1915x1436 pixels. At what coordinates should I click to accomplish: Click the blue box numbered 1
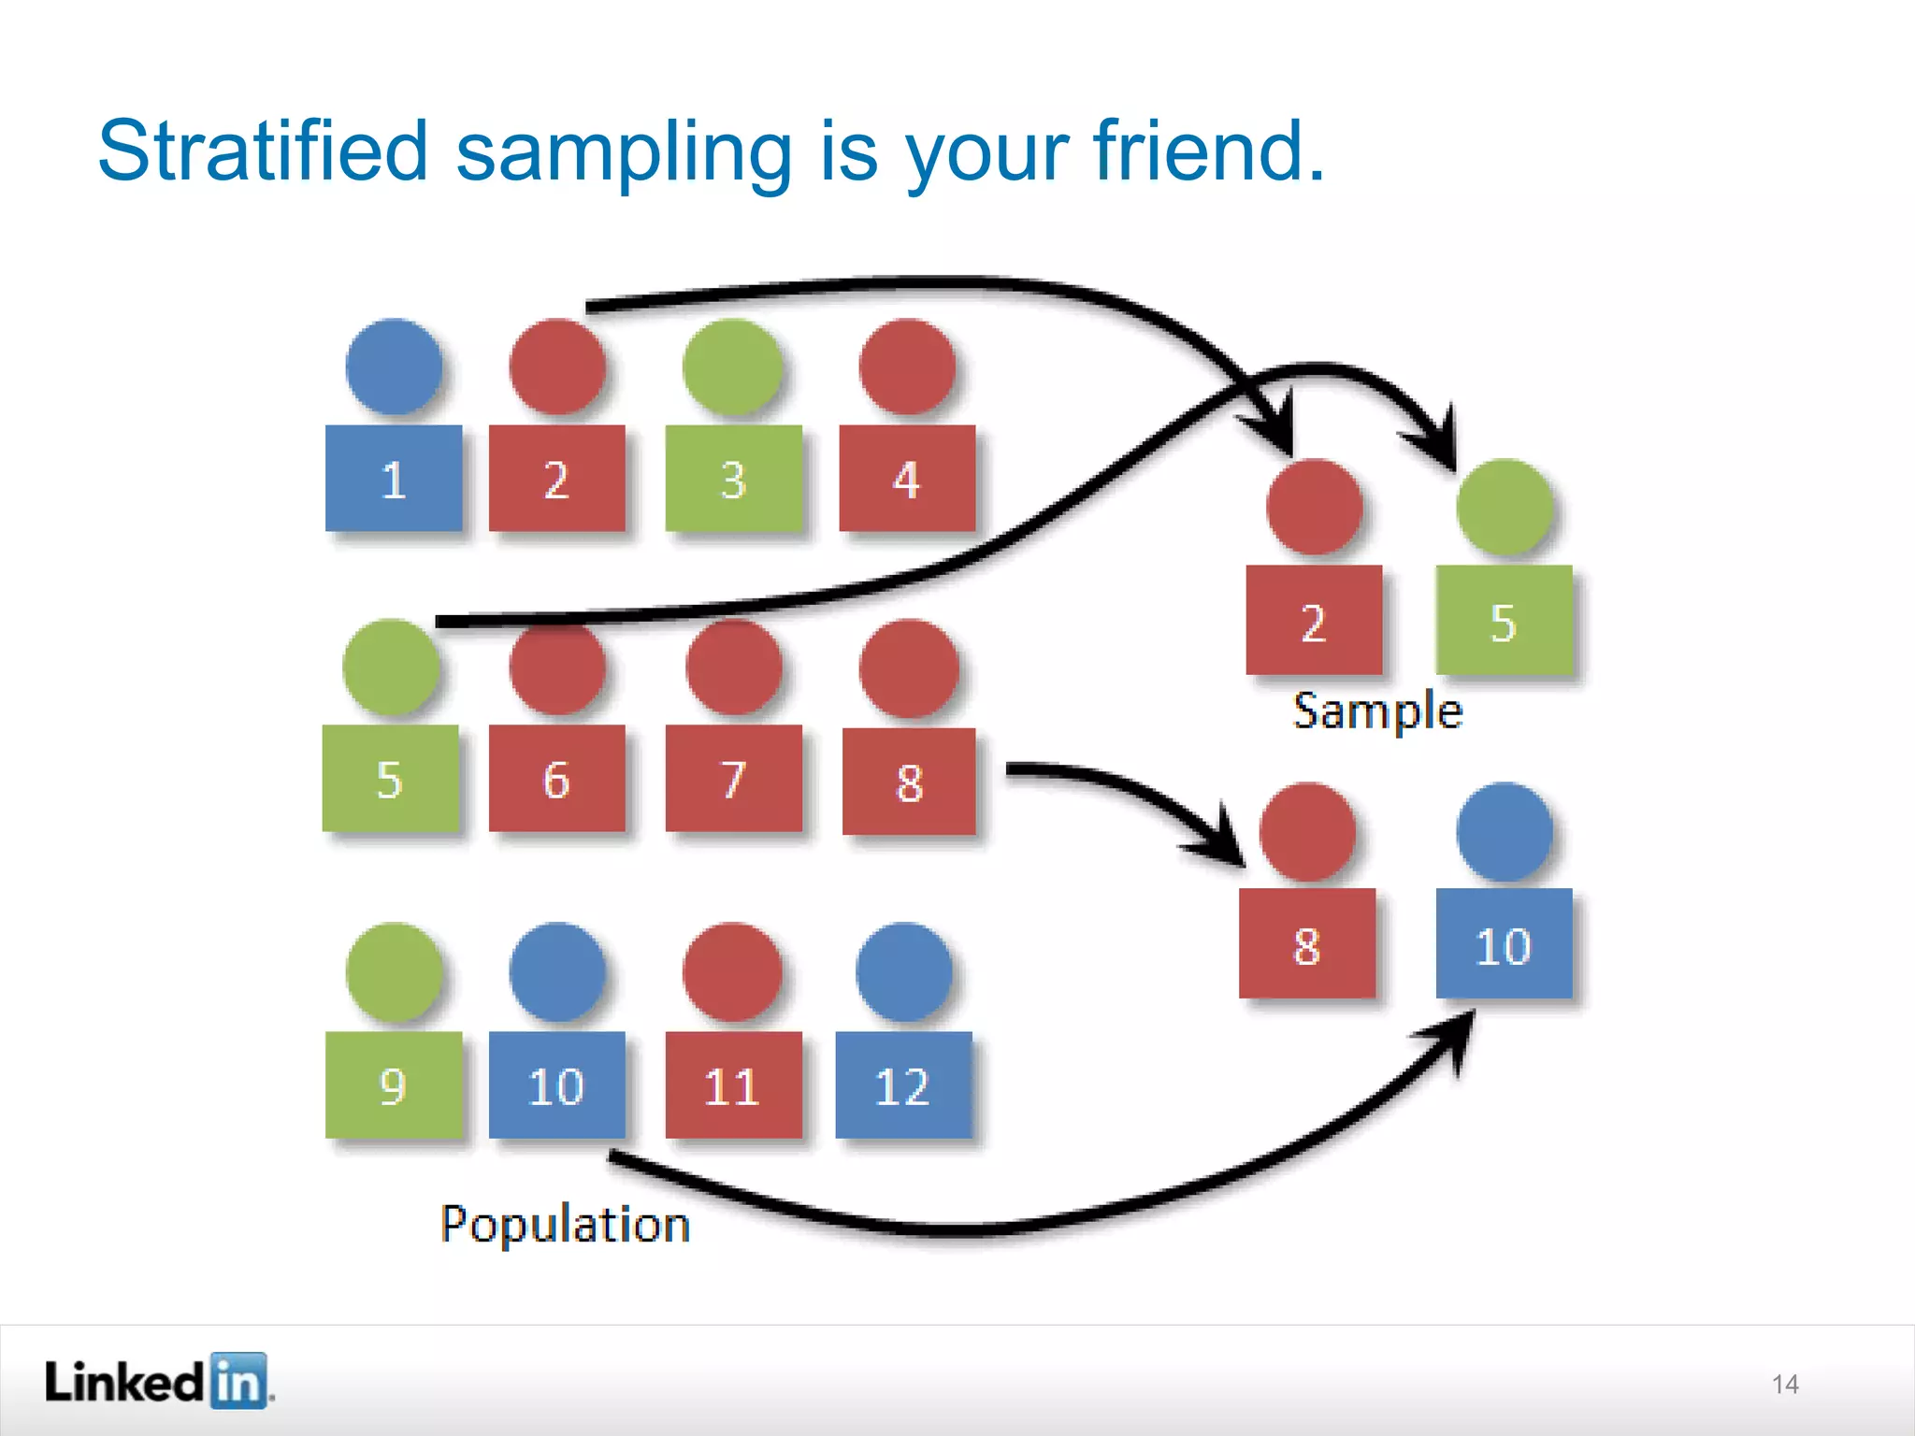coord(394,479)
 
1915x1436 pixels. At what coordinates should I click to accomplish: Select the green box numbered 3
coord(734,479)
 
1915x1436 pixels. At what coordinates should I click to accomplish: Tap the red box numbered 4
coord(907,479)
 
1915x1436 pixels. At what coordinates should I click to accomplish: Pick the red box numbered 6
coord(556,778)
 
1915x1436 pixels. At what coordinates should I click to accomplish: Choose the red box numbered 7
coord(734,778)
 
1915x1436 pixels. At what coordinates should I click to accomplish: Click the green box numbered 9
coord(394,1084)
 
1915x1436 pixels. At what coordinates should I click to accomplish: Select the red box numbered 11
coord(734,1084)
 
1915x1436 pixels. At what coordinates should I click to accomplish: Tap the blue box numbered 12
coord(903,1084)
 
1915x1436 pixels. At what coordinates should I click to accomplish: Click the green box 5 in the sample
coord(1504,621)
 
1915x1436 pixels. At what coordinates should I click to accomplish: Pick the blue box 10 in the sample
coord(1504,944)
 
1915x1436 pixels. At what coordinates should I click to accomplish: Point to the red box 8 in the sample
coord(1307,944)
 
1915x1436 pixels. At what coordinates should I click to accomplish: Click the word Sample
coord(1377,711)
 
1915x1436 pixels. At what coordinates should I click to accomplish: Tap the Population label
coord(565,1225)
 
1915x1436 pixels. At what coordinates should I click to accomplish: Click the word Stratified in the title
coord(263,151)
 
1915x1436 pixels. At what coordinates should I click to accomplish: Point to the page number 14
coord(1785,1384)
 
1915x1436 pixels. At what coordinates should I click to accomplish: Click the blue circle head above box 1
coord(394,366)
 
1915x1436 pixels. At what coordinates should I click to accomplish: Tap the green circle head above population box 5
coord(391,668)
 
